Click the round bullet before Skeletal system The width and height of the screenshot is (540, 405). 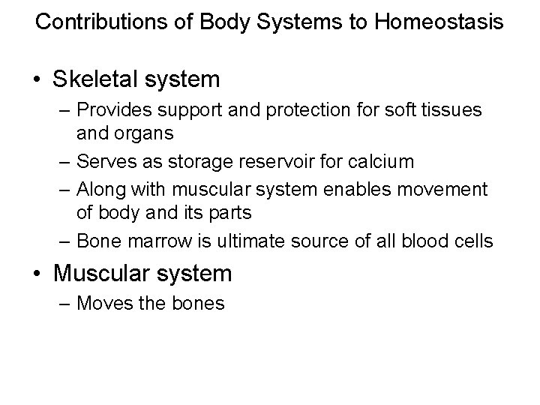(x=39, y=79)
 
